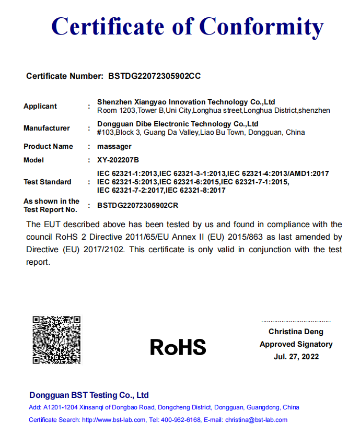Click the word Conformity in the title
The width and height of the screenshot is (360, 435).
[262, 26]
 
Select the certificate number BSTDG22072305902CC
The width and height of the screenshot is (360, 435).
[154, 76]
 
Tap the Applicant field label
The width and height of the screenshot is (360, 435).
[40, 106]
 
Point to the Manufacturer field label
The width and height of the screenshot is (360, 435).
[47, 128]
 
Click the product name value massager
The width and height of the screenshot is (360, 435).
[114, 146]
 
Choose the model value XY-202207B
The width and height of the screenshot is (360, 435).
[118, 160]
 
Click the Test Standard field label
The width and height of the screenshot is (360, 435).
[47, 182]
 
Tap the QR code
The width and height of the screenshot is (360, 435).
[56, 339]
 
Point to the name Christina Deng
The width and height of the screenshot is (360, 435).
[296, 332]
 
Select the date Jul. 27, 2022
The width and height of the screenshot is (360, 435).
[296, 357]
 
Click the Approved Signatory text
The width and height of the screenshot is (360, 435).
[296, 344]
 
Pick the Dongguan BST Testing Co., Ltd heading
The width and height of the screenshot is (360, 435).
[89, 395]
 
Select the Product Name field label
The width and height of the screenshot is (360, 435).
[48, 146]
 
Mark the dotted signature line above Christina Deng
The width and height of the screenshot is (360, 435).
[296, 321]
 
